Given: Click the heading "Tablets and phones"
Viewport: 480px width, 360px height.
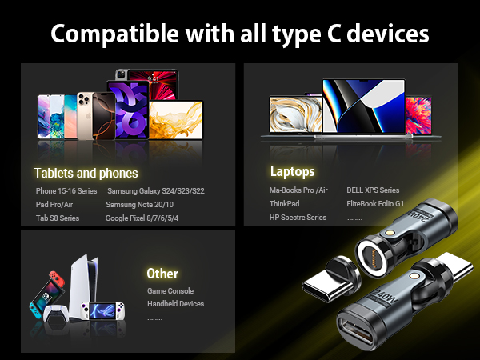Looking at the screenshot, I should [x=86, y=173].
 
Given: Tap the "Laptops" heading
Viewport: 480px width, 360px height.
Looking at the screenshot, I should [x=292, y=171].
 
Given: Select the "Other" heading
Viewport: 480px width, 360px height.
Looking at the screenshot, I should [x=162, y=274].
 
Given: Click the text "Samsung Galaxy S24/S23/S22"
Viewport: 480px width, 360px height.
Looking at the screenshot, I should [x=156, y=191].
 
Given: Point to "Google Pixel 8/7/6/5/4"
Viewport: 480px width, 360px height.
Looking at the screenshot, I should [x=142, y=218].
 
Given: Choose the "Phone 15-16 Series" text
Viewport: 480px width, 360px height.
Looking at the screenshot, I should [x=66, y=191].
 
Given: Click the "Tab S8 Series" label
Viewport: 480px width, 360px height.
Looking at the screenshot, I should [x=58, y=218].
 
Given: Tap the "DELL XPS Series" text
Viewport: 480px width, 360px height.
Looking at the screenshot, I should [x=373, y=190].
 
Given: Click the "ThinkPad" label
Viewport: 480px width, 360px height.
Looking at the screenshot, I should [x=285, y=204].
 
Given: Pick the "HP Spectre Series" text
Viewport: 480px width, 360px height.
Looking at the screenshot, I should [x=298, y=218].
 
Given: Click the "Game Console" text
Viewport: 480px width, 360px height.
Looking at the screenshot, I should [x=170, y=291].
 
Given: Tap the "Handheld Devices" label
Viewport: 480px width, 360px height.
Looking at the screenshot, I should [x=175, y=304].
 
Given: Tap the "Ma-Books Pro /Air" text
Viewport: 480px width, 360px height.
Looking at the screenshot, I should [x=298, y=190].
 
